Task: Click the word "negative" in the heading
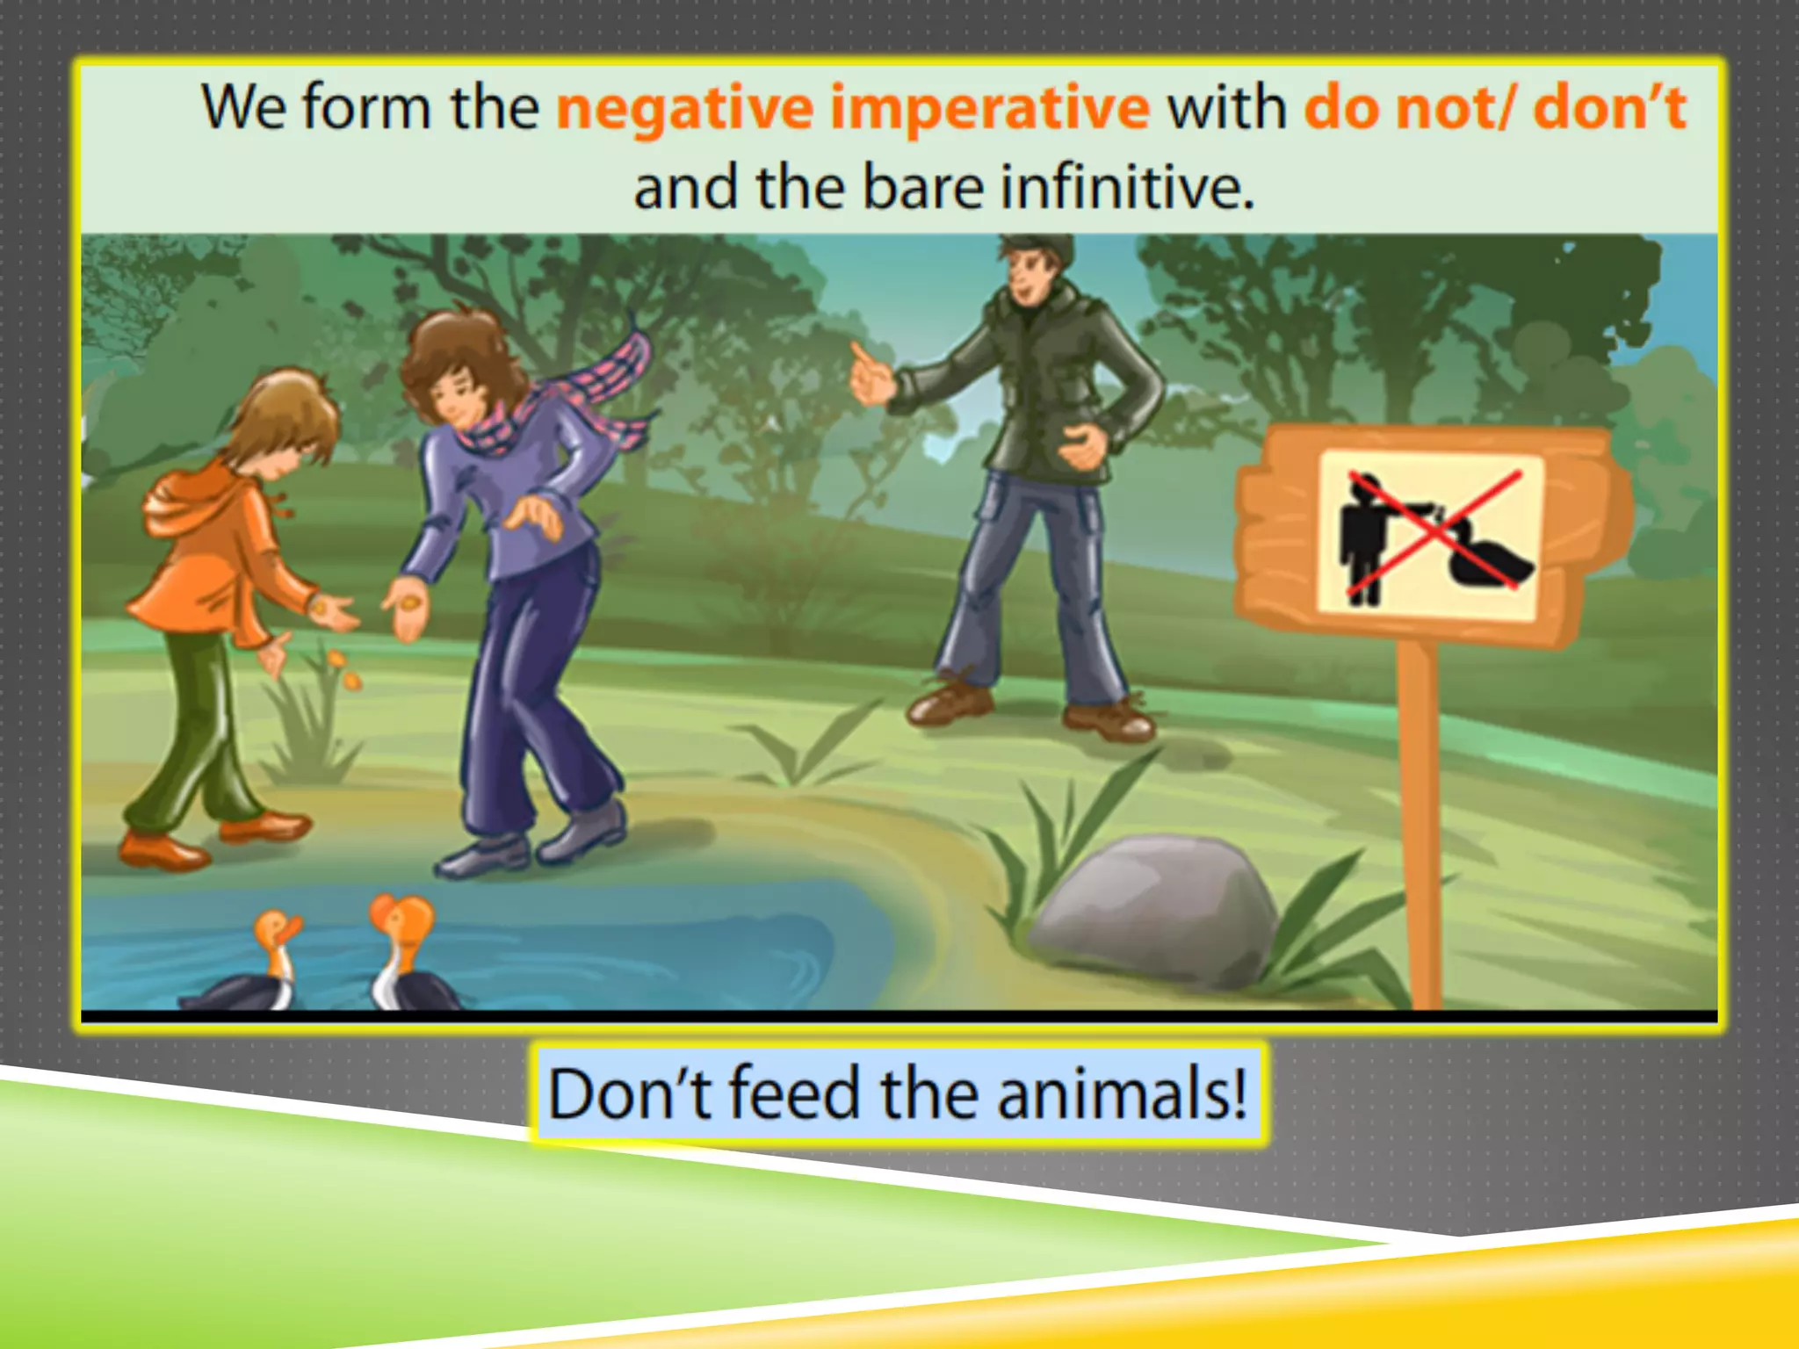(x=685, y=109)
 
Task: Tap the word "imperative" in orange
(x=989, y=109)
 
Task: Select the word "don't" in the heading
(x=1609, y=107)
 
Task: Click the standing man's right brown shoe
(x=1109, y=720)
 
